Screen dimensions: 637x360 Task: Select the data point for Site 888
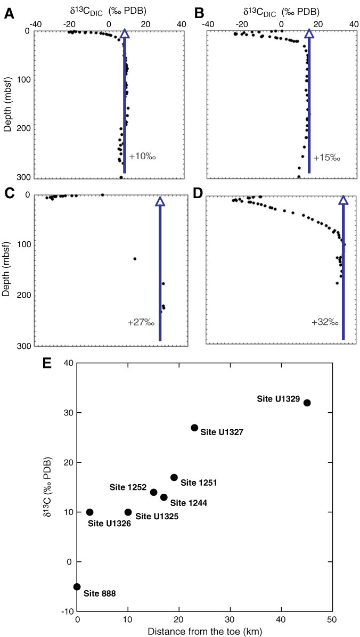pyautogui.click(x=77, y=586)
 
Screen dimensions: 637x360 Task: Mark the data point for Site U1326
pyautogui.click(x=90, y=512)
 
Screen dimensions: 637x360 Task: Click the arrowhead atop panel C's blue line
pyautogui.click(x=160, y=201)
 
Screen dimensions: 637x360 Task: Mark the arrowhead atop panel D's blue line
pyautogui.click(x=343, y=200)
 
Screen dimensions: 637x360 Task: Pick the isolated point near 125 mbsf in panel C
pyautogui.click(x=135, y=259)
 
